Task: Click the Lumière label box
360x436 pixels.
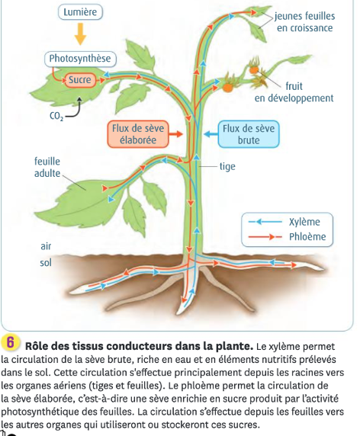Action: coord(80,12)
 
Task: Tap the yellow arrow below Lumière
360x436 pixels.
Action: coord(80,34)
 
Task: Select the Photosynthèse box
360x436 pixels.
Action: coord(80,59)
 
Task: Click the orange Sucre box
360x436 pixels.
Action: coord(80,80)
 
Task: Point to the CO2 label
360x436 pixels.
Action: coord(56,116)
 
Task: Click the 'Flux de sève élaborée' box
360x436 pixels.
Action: coord(138,134)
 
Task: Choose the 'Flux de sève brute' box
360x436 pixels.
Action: coord(249,134)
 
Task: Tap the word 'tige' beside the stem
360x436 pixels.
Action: coord(227,167)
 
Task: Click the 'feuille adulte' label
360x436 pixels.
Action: coord(47,168)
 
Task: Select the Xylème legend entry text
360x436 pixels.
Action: coord(304,222)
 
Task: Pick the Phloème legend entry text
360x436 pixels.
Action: coord(307,236)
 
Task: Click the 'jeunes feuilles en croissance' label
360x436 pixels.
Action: coord(305,22)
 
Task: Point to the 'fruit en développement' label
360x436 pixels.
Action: coord(294,92)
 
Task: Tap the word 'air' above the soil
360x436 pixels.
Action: coord(46,246)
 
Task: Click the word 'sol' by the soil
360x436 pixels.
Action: coord(46,263)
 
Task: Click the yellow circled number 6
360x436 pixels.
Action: coord(10,341)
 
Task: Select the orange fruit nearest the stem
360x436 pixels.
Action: coord(227,88)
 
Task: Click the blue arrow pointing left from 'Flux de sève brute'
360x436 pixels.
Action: coord(211,134)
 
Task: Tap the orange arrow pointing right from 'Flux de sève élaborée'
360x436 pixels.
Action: coord(176,134)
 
